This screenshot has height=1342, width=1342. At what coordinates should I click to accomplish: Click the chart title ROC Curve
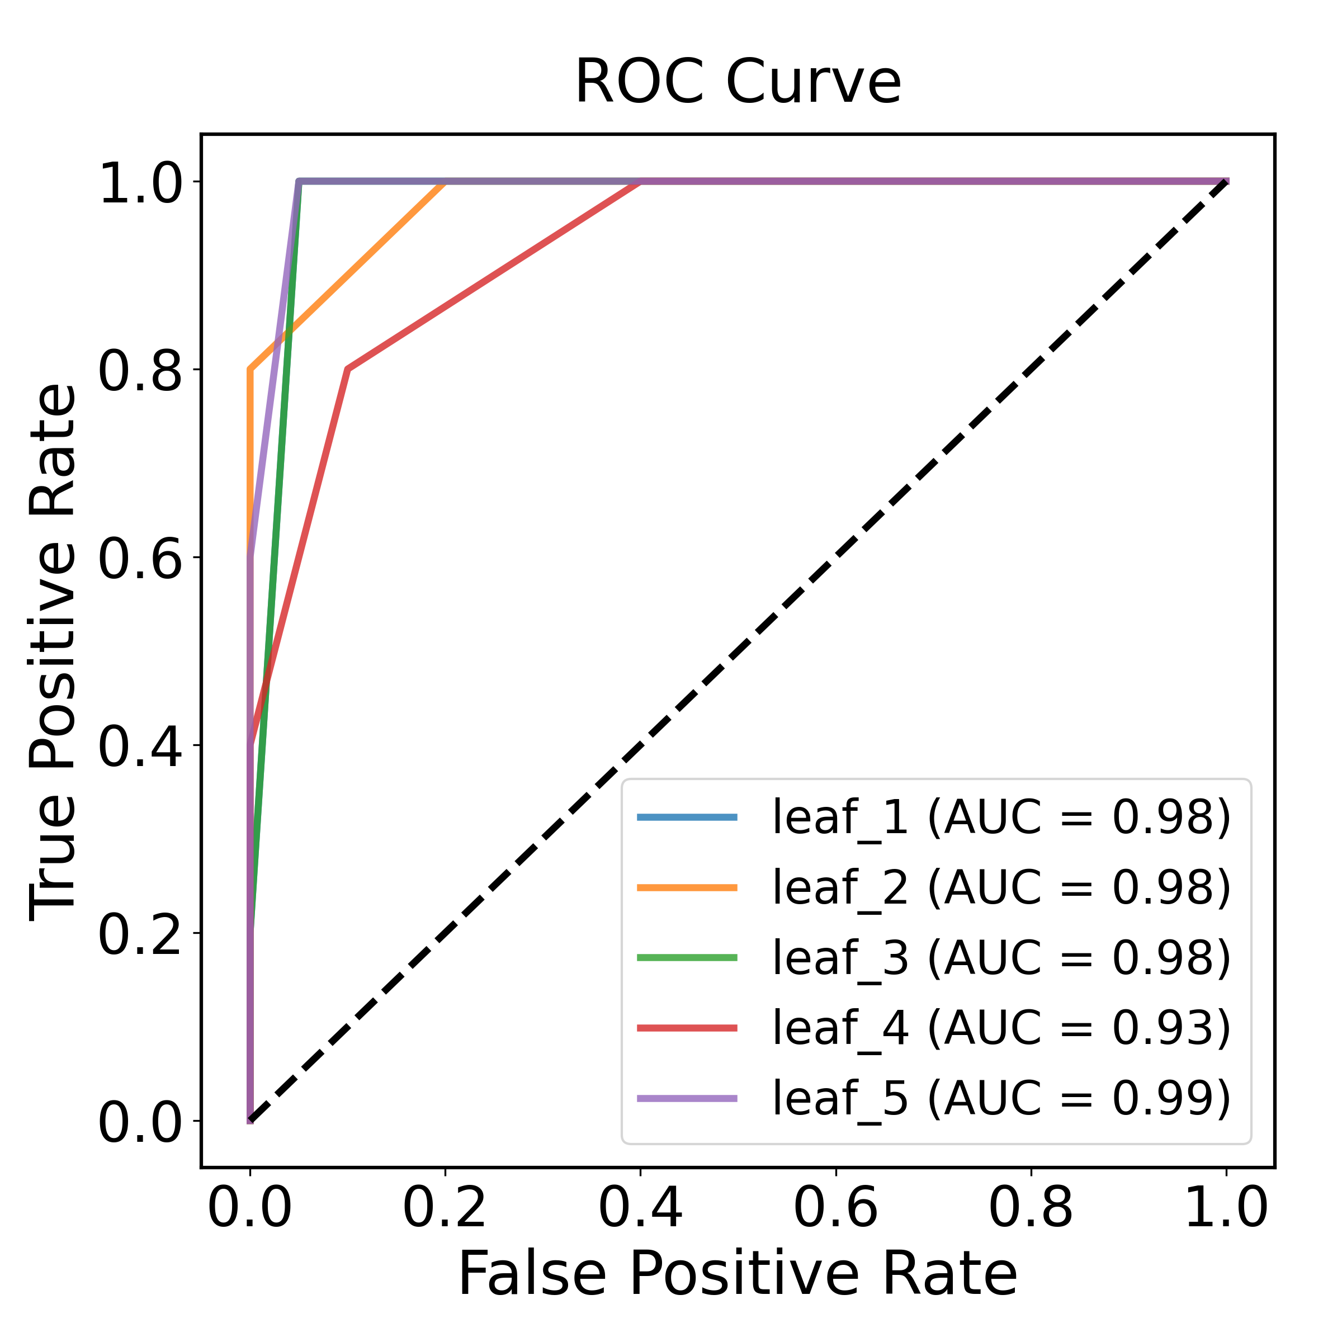point(738,82)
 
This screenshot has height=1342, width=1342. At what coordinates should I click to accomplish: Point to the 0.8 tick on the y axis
point(140,370)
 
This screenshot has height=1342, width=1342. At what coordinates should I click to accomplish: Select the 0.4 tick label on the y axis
point(140,746)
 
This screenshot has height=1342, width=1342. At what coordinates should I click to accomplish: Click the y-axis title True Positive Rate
point(53,651)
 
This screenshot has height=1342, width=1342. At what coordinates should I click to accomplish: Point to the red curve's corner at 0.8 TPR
point(348,369)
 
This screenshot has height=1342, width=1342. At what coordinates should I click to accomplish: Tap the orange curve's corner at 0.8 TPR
point(250,369)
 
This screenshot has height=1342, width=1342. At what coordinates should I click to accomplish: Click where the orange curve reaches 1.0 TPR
point(445,182)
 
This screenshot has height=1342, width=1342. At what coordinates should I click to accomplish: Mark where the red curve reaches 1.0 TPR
point(640,182)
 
